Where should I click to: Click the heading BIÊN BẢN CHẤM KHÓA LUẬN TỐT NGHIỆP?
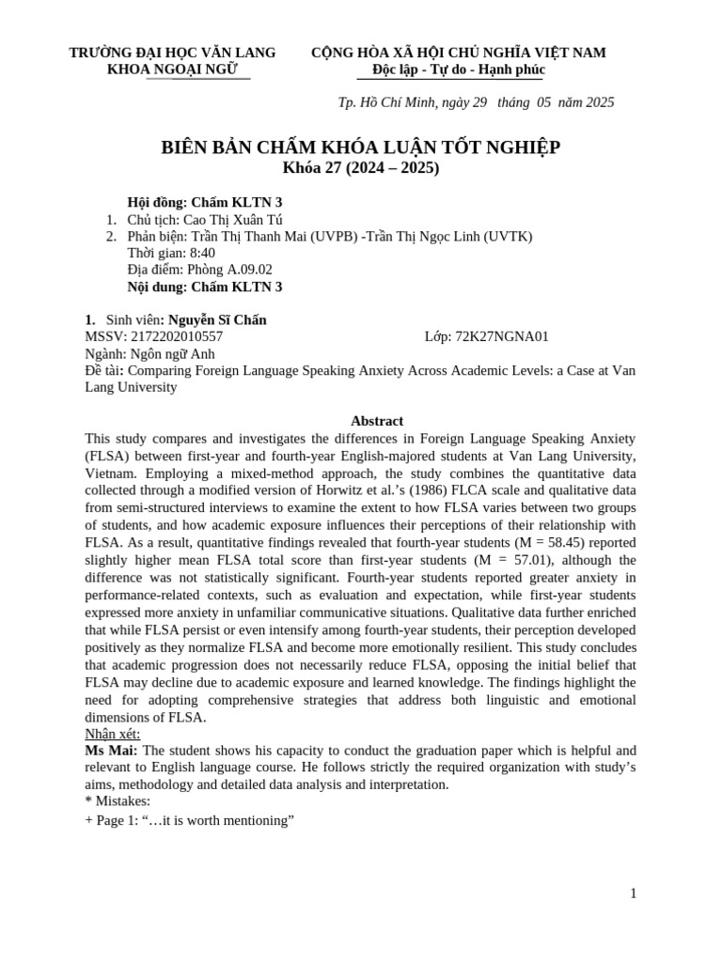pos(360,147)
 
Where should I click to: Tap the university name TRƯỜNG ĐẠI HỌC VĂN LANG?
pos(172,53)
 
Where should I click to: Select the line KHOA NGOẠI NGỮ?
pos(172,70)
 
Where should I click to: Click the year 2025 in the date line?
pos(599,102)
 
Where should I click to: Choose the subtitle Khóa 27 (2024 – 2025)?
pos(360,168)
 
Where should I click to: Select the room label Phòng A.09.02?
pos(222,270)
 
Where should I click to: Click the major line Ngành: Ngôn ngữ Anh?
pos(149,354)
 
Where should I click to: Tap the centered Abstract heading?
pos(376,421)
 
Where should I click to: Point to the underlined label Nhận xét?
pos(112,734)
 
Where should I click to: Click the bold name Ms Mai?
pos(111,751)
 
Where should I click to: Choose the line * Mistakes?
pos(118,801)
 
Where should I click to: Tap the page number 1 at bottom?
pos(633,893)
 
